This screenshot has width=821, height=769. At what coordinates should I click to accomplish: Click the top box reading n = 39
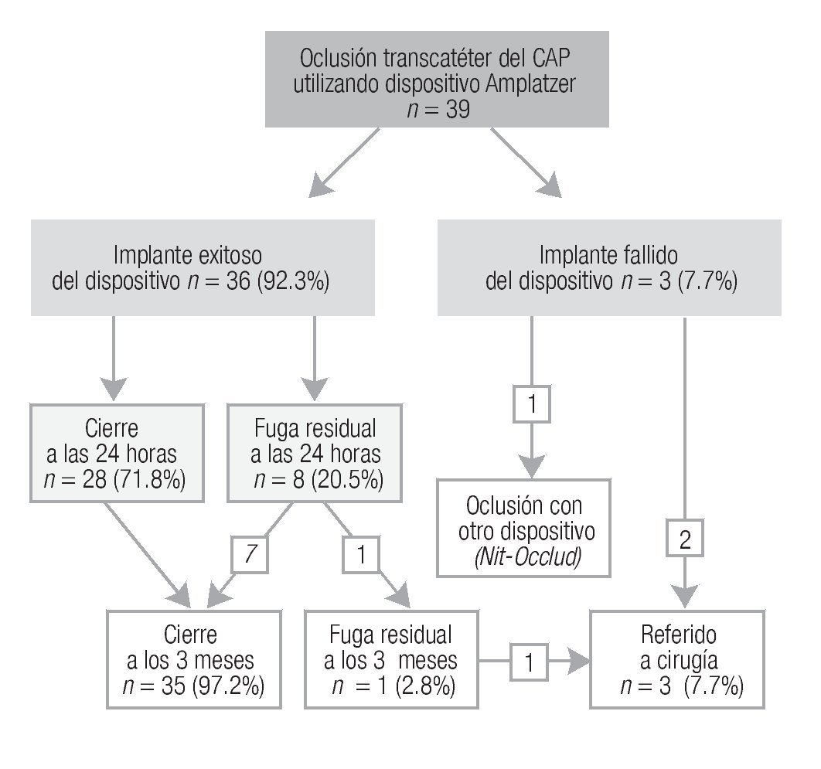tap(436, 79)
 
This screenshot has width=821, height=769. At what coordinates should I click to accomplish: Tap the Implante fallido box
tap(609, 267)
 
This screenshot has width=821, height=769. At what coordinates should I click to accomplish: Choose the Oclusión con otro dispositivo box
tap(523, 528)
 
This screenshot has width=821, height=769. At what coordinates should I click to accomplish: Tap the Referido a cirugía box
tap(678, 658)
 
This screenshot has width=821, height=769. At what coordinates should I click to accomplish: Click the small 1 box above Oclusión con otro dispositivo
tap(532, 404)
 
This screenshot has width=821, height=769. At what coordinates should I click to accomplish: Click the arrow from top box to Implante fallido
tap(526, 161)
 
